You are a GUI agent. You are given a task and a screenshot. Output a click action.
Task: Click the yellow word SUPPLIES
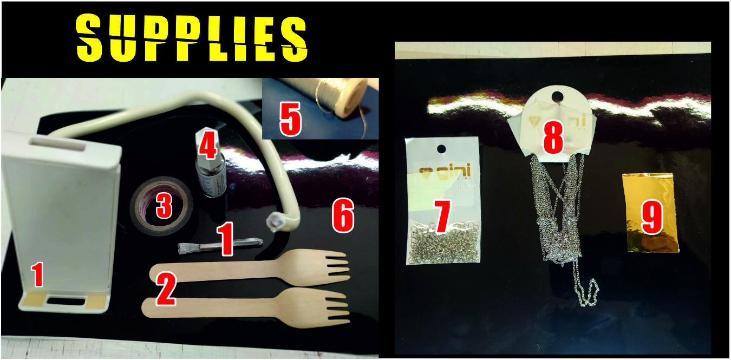(192, 38)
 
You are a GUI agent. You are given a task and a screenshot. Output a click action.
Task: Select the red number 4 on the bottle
(208, 145)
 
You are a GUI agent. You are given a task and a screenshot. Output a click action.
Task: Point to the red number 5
(290, 119)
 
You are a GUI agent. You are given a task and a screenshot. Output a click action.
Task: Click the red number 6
(343, 215)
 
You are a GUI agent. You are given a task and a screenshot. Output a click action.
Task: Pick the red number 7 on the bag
(442, 217)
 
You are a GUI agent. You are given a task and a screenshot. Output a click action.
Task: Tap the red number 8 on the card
(553, 137)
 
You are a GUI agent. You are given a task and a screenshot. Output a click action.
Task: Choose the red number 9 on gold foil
(652, 217)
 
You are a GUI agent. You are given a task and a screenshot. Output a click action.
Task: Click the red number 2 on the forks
(166, 289)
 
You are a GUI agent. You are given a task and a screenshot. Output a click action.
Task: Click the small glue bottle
(211, 163)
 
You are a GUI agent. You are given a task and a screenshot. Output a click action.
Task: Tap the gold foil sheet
(651, 213)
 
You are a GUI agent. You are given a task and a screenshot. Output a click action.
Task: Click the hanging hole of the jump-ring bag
(441, 149)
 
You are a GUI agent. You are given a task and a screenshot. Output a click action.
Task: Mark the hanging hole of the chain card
(557, 96)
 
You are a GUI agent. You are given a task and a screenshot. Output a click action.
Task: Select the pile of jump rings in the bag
(443, 243)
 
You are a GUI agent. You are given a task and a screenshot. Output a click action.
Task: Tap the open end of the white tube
(273, 223)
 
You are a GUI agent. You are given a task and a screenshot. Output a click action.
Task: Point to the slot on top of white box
(57, 144)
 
